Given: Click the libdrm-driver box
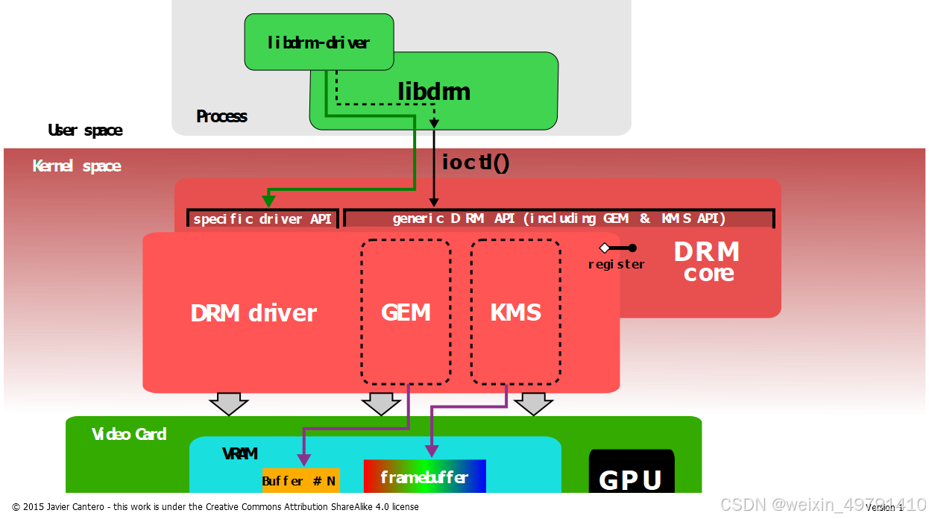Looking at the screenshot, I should [x=318, y=43].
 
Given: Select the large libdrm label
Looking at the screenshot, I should [x=434, y=92].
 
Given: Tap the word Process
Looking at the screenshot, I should [x=221, y=116].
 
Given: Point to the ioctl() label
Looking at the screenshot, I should [x=475, y=162].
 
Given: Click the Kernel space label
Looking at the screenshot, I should [x=77, y=166].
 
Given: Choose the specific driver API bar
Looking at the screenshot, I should [x=262, y=218].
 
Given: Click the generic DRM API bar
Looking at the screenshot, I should [x=558, y=218].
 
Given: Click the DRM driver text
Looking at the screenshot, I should [x=253, y=313].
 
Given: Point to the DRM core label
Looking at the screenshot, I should [x=707, y=262].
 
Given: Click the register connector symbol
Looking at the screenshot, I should [x=618, y=248].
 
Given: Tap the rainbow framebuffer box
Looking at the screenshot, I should [x=424, y=476].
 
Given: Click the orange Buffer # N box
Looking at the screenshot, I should [x=300, y=481].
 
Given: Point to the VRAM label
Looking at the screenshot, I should [x=239, y=453].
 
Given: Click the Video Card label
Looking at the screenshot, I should [x=129, y=434].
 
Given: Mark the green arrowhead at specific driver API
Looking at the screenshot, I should [x=268, y=201].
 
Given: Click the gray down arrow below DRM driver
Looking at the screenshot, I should [x=228, y=403].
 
